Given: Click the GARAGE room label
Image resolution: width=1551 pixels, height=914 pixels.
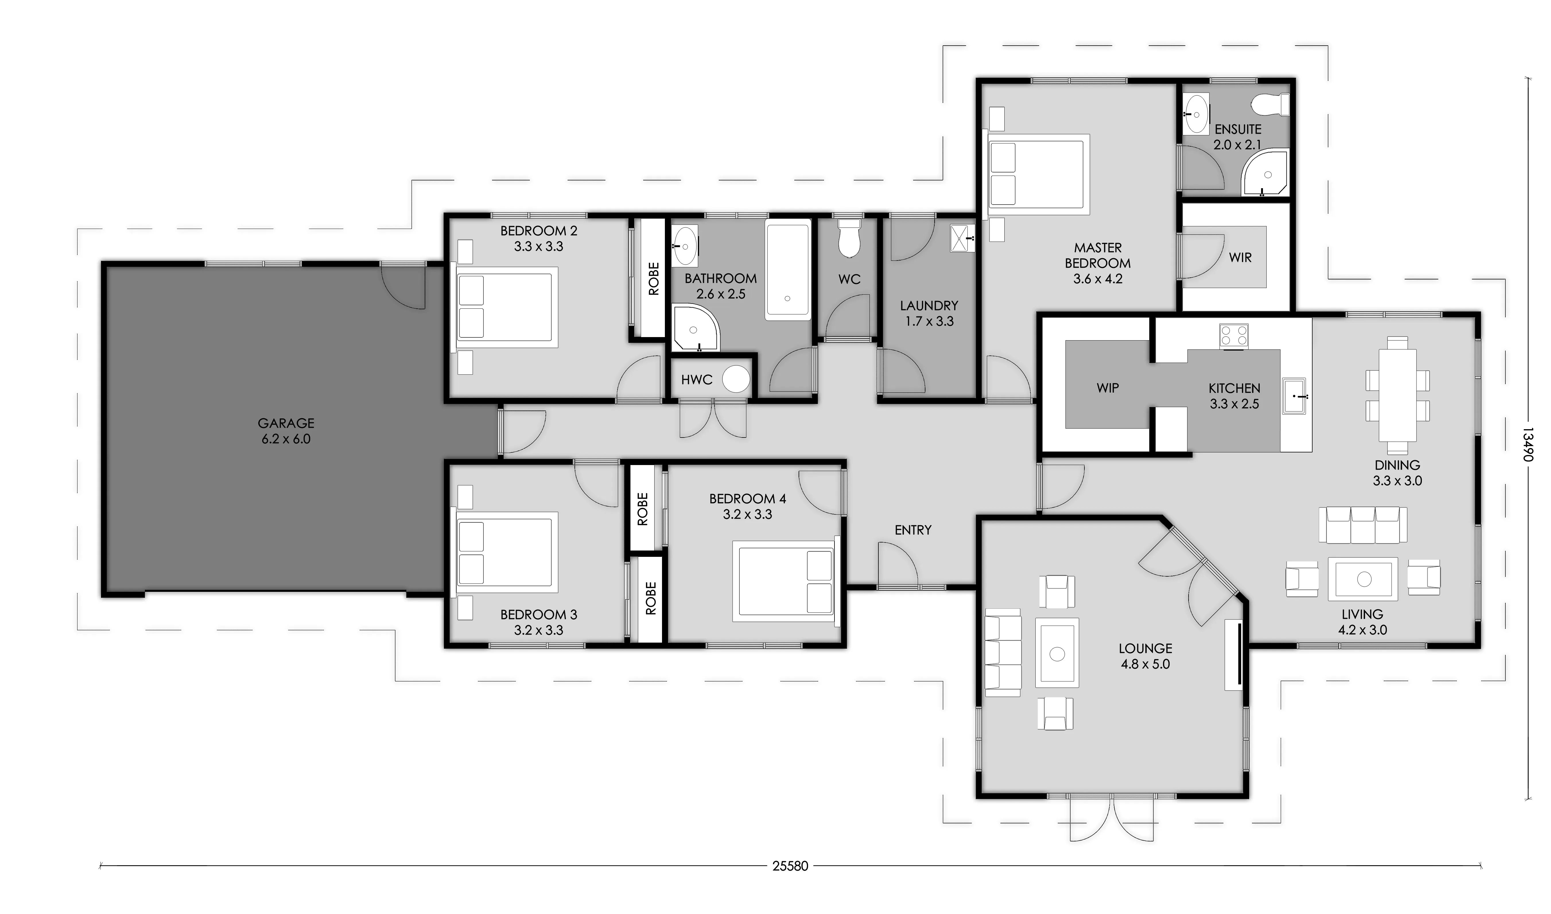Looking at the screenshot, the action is click(286, 423).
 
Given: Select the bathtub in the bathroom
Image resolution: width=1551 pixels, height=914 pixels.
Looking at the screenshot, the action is click(788, 269).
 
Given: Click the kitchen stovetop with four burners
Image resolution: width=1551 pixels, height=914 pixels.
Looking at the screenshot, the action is click(1234, 336).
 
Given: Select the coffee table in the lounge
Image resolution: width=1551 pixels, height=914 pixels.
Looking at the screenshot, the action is click(1057, 653).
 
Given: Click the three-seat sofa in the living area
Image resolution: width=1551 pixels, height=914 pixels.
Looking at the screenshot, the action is click(1362, 525).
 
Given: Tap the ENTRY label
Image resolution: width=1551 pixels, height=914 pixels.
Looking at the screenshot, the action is click(913, 530).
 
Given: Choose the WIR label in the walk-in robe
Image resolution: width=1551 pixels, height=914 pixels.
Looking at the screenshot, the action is click(1240, 257).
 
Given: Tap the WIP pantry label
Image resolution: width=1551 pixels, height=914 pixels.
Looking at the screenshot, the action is click(1107, 388).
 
